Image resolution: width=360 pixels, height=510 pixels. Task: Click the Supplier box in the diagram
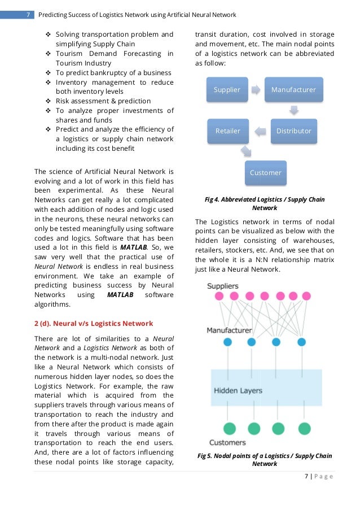tap(227, 90)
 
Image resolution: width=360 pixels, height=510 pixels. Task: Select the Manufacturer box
tap(293, 90)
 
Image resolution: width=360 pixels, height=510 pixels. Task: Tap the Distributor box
tap(293, 131)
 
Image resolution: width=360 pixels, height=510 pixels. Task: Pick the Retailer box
tap(228, 131)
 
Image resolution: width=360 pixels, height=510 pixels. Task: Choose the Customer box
tap(265, 172)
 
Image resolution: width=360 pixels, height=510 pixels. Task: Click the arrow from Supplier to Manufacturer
tap(257, 90)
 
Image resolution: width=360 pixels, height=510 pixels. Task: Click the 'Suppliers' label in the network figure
tap(222, 286)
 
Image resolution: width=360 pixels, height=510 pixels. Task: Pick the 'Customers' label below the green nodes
tap(227, 442)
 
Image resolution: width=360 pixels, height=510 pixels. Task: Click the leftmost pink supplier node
tap(219, 296)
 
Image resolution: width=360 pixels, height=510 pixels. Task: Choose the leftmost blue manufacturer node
tap(227, 342)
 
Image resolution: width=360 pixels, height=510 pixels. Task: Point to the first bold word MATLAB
tap(134, 247)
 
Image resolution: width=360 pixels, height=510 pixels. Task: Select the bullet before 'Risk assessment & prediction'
tap(49, 101)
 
